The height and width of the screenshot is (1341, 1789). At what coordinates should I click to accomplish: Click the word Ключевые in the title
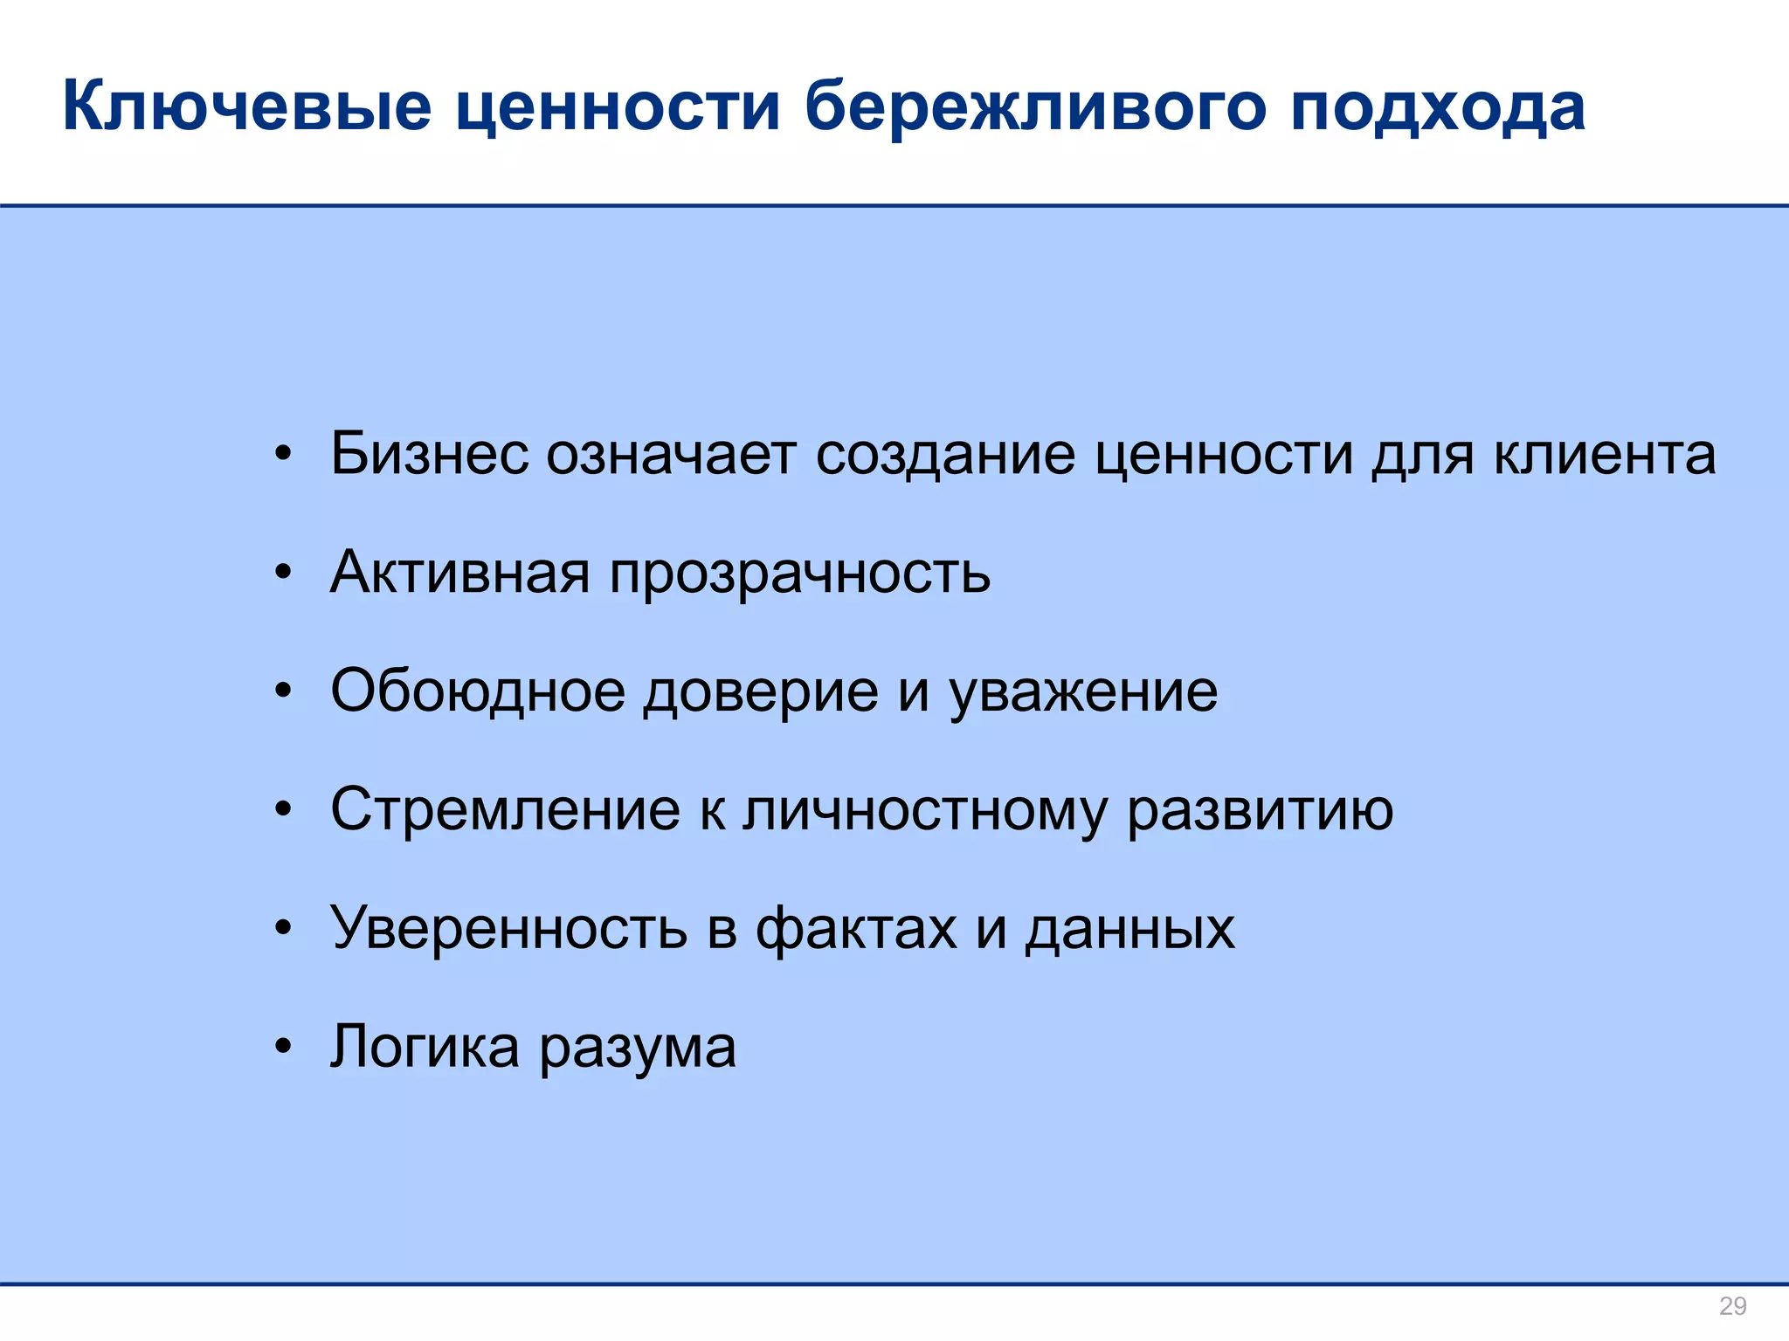247,107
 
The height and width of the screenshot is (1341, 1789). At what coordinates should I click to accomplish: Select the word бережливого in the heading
1035,108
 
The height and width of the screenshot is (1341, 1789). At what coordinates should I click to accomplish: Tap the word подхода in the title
1437,108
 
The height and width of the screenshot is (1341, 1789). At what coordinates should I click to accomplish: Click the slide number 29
1732,1306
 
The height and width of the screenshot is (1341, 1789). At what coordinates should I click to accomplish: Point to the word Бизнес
429,454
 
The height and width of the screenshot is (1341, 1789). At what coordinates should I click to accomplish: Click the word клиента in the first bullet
1604,454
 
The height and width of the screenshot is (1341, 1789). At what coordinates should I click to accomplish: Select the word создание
945,456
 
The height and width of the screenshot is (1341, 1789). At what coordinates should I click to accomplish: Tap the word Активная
459,573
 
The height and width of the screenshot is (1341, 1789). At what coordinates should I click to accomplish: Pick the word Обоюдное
478,691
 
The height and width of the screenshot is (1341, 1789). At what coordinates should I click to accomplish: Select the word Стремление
505,809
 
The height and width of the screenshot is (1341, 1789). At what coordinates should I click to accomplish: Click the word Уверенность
508,928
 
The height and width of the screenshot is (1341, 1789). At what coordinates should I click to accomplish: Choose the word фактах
856,928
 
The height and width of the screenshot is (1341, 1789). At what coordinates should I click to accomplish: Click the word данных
1129,930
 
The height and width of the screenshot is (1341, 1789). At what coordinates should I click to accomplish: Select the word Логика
425,1047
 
